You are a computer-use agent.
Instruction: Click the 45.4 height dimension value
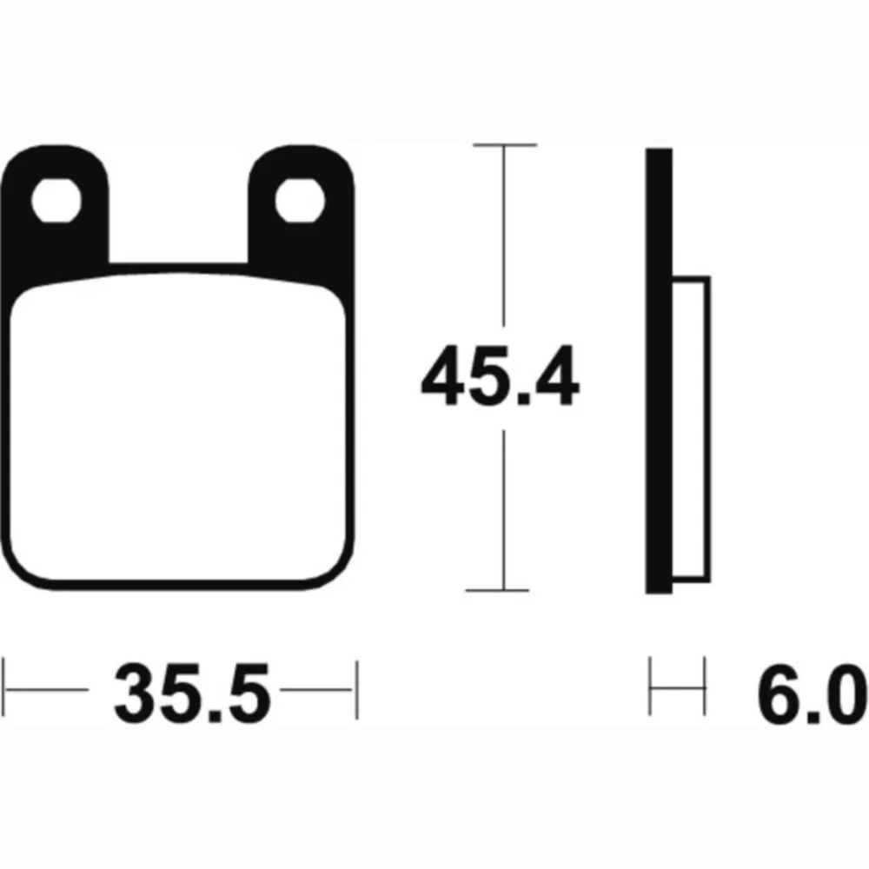pyautogui.click(x=500, y=375)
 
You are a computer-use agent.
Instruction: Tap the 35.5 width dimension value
pyautogui.click(x=192, y=693)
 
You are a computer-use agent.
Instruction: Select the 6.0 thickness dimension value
pyautogui.click(x=813, y=693)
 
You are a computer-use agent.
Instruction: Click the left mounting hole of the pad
pyautogui.click(x=56, y=200)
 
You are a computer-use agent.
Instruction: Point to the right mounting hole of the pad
pyautogui.click(x=300, y=200)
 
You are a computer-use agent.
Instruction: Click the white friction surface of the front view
pyautogui.click(x=178, y=427)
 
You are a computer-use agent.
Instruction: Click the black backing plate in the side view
pyautogui.click(x=659, y=371)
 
